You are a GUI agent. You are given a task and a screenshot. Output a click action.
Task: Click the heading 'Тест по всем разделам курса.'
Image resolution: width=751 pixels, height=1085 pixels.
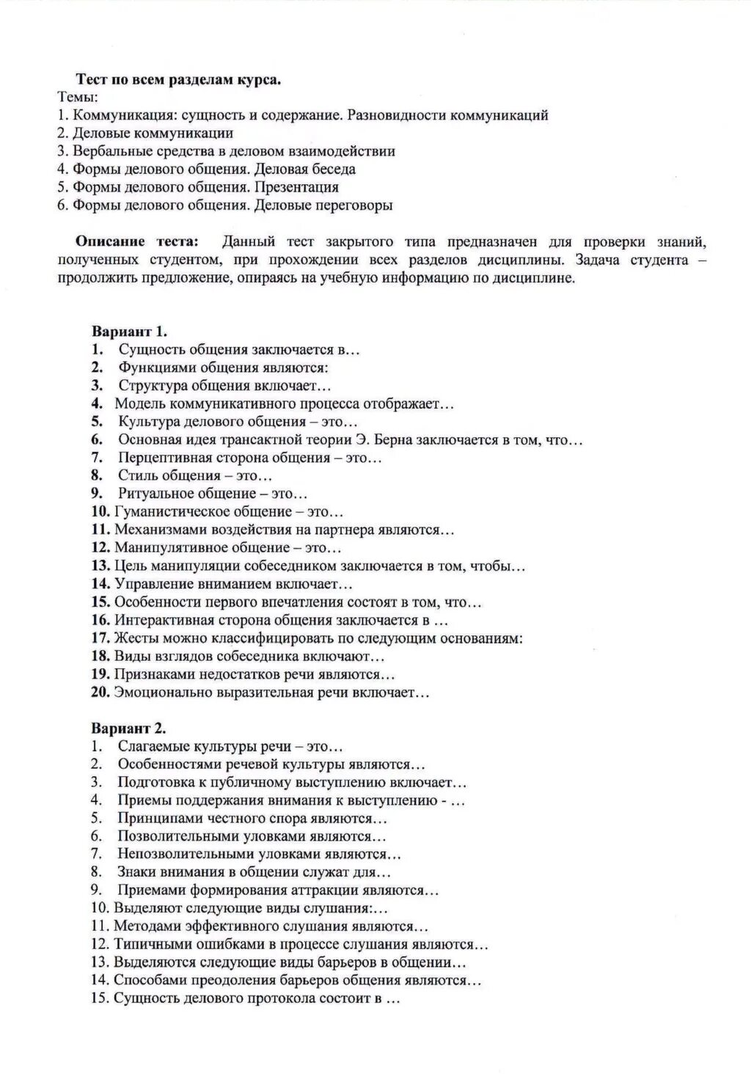pyautogui.click(x=179, y=81)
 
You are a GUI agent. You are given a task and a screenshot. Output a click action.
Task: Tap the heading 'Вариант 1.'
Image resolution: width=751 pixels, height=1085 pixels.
pyautogui.click(x=129, y=332)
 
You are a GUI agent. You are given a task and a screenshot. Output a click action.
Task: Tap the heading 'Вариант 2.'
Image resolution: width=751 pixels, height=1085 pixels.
pyautogui.click(x=129, y=728)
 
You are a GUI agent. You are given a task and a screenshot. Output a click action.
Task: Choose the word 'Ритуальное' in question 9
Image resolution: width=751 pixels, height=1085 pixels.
pyautogui.click(x=156, y=494)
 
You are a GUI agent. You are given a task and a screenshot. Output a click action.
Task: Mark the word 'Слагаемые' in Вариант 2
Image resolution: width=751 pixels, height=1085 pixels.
pyautogui.click(x=153, y=747)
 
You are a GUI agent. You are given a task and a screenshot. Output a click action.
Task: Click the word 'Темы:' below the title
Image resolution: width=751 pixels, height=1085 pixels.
pyautogui.click(x=78, y=98)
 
